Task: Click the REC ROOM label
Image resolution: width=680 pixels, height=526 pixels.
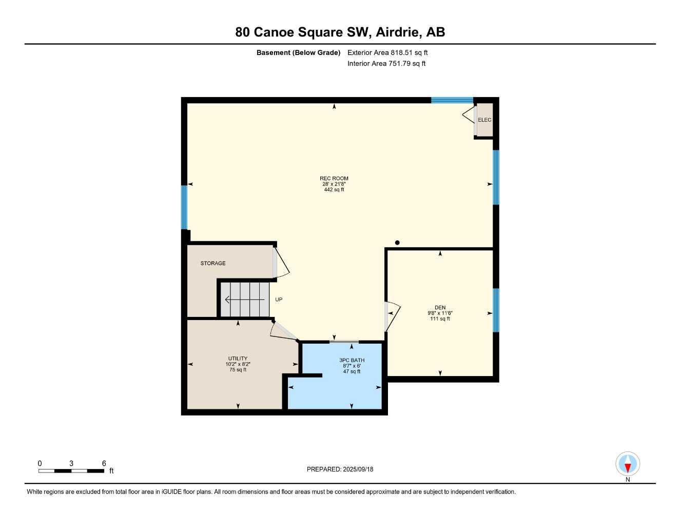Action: click(x=334, y=179)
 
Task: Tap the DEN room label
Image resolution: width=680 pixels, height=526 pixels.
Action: click(x=440, y=308)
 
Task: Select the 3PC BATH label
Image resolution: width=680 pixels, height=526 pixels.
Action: click(x=352, y=360)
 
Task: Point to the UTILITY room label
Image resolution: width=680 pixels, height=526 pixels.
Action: click(x=238, y=359)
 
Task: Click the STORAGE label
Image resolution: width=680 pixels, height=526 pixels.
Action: click(x=213, y=264)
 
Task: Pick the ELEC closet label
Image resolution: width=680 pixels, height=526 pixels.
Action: click(x=484, y=120)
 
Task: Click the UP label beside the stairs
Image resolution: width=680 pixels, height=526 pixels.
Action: click(x=279, y=299)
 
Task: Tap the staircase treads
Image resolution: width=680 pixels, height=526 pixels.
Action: click(x=245, y=299)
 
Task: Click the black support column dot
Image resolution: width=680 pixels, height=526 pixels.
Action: click(x=397, y=243)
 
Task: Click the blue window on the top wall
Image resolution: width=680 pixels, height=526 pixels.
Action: click(x=452, y=100)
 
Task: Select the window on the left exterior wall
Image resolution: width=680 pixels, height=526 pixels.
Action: click(x=184, y=207)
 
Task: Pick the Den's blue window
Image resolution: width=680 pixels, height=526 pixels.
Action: click(x=496, y=310)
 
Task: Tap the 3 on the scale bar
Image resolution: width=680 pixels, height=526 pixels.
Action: click(x=71, y=463)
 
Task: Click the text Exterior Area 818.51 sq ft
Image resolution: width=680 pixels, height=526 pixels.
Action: click(x=387, y=52)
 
